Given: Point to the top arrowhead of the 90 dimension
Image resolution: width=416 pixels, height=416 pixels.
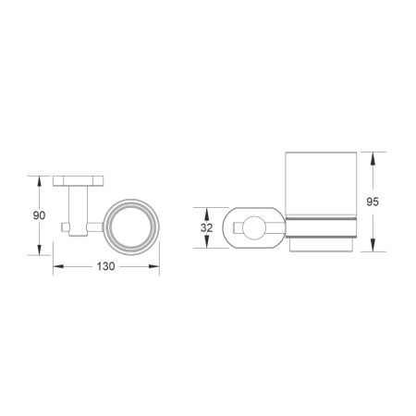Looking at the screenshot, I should pos(40,178).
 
